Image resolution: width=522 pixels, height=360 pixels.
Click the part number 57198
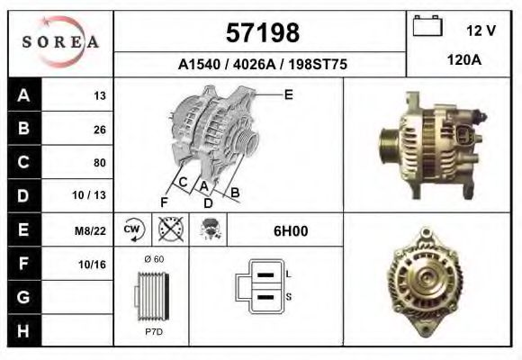(x=261, y=33)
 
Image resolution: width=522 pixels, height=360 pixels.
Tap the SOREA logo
(x=60, y=42)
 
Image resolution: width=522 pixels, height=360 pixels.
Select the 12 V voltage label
(x=481, y=31)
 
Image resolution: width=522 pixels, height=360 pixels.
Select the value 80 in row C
(x=99, y=163)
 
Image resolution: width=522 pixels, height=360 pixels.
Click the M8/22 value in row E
(x=92, y=231)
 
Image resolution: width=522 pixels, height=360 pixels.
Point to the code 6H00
(x=290, y=231)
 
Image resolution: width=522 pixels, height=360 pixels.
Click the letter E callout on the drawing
(x=288, y=94)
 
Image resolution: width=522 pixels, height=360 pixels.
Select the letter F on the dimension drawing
(x=164, y=202)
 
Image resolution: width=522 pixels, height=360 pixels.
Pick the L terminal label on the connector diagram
(x=287, y=274)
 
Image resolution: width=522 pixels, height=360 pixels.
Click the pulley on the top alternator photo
(x=388, y=143)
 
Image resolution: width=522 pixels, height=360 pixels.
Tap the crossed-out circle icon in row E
(x=170, y=230)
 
